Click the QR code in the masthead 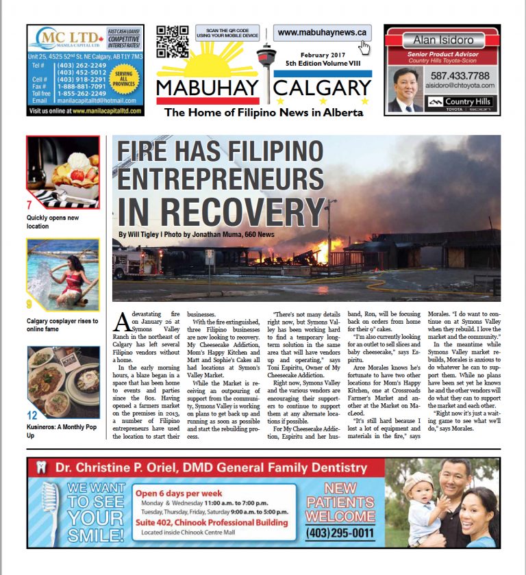pyautogui.click(x=172, y=42)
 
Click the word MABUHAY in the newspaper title pyautogui.click(x=207, y=88)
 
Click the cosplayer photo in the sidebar pyautogui.click(x=64, y=274)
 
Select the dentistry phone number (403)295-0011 pyautogui.click(x=340, y=533)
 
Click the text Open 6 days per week pyautogui.click(x=178, y=494)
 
